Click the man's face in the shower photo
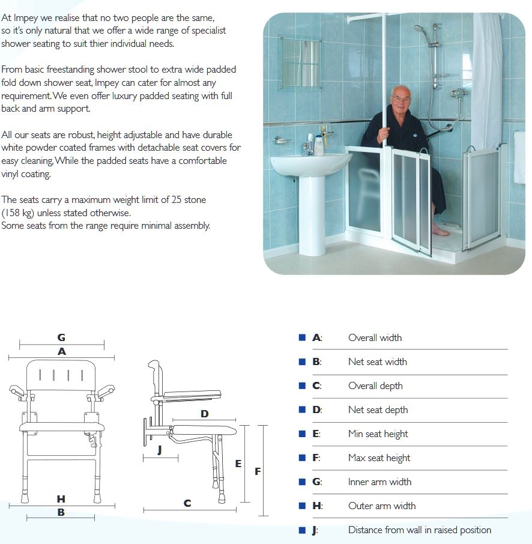(x=399, y=100)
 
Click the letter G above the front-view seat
(x=61, y=337)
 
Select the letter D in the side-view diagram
(x=204, y=414)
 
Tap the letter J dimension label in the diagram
(x=159, y=450)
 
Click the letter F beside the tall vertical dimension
(x=258, y=471)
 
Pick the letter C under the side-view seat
(x=187, y=503)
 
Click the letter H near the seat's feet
(x=61, y=499)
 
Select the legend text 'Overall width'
(x=375, y=337)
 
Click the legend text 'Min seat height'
(x=378, y=434)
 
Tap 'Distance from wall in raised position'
(x=419, y=530)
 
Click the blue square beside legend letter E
(x=303, y=434)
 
